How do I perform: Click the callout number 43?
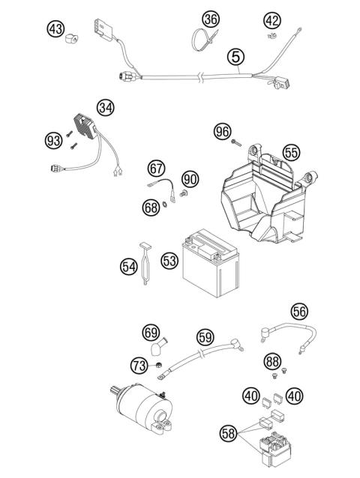55,28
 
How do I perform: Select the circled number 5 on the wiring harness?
236,55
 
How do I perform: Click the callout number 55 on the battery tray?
290,152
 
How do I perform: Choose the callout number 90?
190,179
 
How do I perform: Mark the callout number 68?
151,207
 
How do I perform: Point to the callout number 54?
129,265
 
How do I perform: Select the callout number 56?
319,311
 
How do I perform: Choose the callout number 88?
273,362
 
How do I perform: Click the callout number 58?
230,432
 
